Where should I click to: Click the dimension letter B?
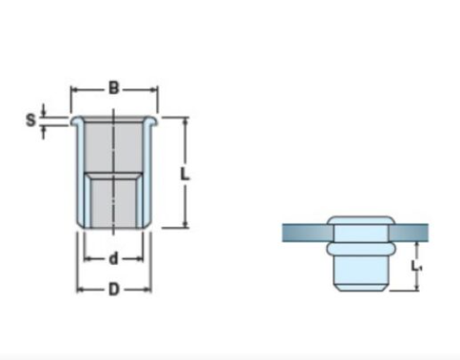point(114,88)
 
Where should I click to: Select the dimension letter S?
point(31,120)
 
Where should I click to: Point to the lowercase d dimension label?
point(114,258)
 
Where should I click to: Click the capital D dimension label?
point(114,289)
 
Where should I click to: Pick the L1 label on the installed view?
point(416,267)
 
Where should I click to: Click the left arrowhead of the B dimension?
point(74,90)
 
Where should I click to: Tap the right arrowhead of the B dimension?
point(155,90)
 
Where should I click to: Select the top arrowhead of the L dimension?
point(186,120)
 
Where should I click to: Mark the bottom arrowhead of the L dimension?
point(186,225)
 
